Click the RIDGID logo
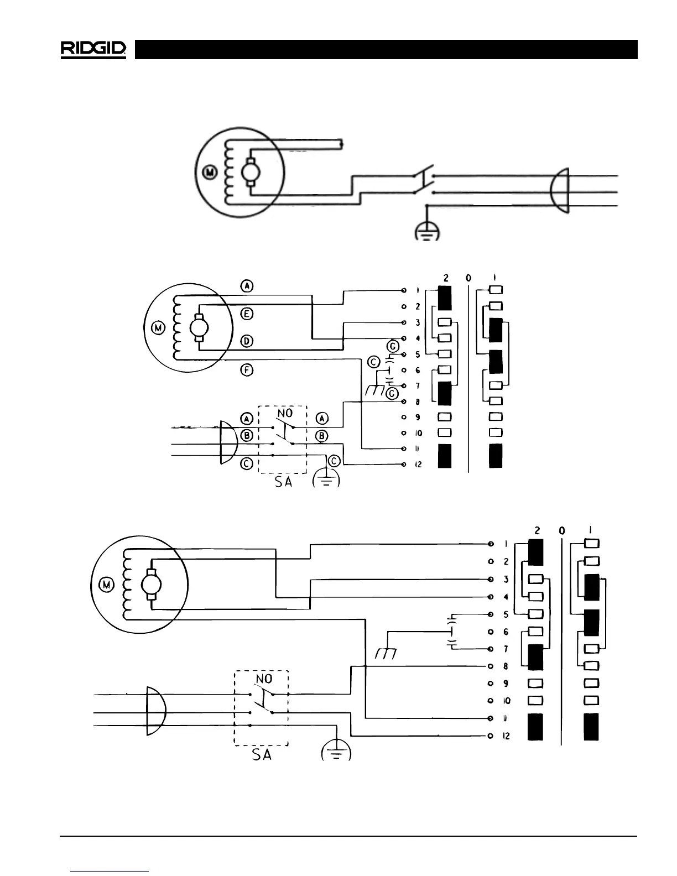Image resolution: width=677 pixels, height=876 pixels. (x=93, y=49)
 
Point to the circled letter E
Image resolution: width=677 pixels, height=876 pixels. (x=247, y=314)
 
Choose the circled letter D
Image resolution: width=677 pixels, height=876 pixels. (x=247, y=341)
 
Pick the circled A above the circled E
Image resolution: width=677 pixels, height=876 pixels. (x=247, y=286)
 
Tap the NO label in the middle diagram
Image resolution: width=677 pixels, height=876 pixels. (x=284, y=413)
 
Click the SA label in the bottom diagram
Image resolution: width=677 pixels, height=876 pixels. (x=262, y=754)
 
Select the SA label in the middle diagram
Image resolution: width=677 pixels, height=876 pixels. (x=283, y=482)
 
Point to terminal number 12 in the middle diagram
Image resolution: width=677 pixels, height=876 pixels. (x=418, y=464)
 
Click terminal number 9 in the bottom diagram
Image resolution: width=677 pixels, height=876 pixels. (x=506, y=684)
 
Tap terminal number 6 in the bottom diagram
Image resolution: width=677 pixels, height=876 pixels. (x=506, y=632)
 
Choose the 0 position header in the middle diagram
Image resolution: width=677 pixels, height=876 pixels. (x=468, y=278)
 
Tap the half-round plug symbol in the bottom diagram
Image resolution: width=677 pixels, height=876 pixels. (x=154, y=711)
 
